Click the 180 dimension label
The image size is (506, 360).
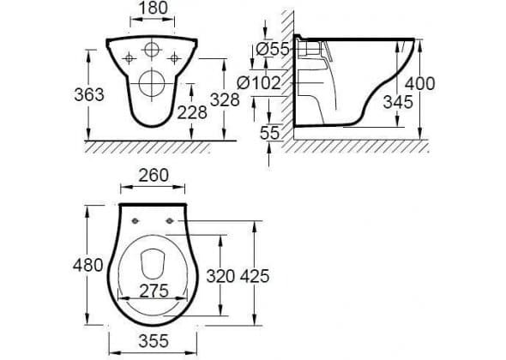point(153,8)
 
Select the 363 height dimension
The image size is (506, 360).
point(89,94)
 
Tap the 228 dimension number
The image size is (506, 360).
point(192,112)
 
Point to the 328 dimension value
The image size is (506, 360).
point(225,99)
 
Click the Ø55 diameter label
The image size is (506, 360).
point(273,50)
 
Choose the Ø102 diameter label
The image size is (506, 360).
point(259,83)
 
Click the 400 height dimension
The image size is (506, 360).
point(420,83)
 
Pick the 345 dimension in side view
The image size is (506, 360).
point(398,102)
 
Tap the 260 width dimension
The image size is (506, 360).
point(154,176)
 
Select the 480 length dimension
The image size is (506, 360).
point(87,265)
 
